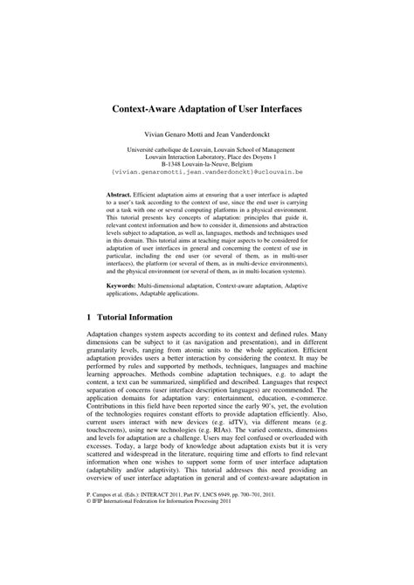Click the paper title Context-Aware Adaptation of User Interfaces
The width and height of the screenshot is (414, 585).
coord(207,114)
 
